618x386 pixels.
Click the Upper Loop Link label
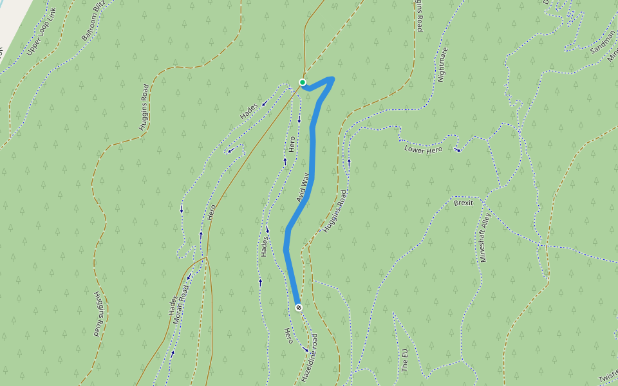[42, 39]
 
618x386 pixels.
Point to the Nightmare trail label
[442, 65]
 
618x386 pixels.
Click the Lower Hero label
[423, 149]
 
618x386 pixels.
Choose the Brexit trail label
[464, 203]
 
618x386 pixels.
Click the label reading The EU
[405, 361]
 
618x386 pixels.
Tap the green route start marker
[303, 82]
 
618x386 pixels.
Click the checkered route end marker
[299, 308]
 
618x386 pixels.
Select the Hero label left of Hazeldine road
[289, 335]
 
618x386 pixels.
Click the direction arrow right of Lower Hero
[458, 150]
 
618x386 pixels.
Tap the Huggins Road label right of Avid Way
[335, 211]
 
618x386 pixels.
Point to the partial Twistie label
[608, 378]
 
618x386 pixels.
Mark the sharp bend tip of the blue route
[332, 79]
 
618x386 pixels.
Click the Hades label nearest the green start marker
[248, 111]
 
